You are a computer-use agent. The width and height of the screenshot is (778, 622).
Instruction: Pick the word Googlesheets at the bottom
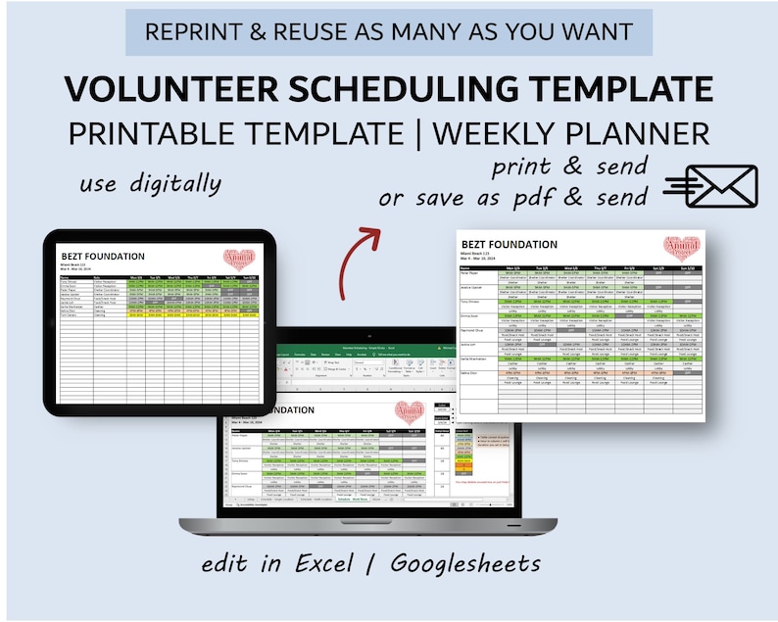(x=465, y=564)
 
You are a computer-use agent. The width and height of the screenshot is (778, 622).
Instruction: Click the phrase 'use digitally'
(x=151, y=183)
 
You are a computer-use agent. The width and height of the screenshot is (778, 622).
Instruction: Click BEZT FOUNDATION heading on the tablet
(x=103, y=256)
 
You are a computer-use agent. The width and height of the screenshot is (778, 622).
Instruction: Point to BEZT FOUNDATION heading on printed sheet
(x=509, y=245)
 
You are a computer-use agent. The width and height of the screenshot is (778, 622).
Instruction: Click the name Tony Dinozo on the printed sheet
(x=472, y=303)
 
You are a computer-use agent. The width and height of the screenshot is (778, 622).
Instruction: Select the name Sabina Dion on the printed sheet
(x=471, y=373)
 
